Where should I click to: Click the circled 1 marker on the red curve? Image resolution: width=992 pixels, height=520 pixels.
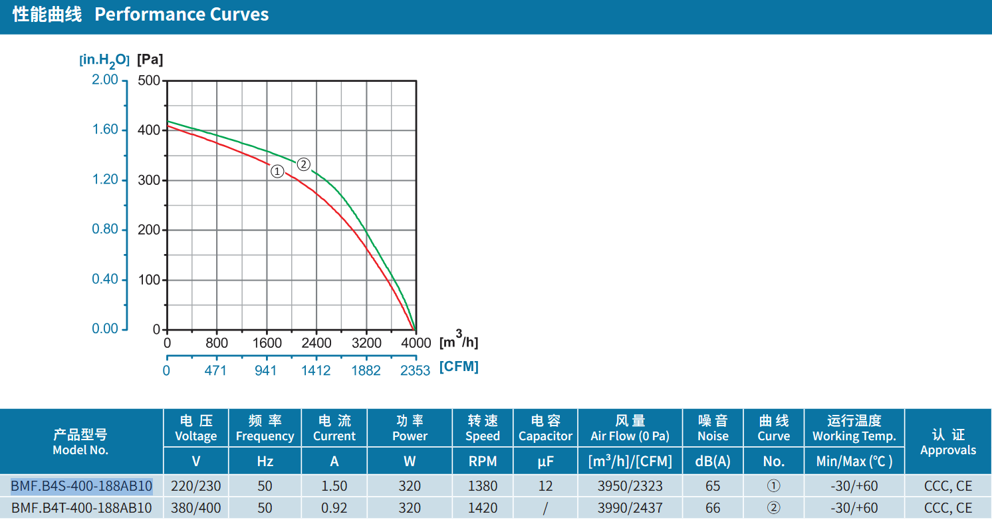tap(277, 172)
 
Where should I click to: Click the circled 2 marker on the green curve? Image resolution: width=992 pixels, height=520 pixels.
tap(303, 164)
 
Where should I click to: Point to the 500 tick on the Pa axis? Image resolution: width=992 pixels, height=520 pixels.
tap(149, 80)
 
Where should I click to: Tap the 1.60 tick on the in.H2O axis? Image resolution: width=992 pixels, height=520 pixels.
tap(105, 130)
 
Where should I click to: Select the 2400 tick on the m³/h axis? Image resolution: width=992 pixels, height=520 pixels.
tap(316, 343)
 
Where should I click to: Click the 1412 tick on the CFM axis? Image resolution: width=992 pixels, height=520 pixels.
tap(316, 370)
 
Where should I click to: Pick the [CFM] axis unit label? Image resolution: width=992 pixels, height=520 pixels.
tap(459, 367)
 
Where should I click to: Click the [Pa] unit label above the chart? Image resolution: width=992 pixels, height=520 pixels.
tap(150, 59)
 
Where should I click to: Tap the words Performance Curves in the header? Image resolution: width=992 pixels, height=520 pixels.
tap(182, 15)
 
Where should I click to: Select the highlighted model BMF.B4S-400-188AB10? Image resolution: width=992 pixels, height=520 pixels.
tap(82, 486)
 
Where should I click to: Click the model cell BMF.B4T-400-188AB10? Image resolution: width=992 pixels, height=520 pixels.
tap(82, 507)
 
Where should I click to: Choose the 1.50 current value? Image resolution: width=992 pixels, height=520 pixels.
tap(334, 486)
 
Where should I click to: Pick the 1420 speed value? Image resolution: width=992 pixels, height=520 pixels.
tap(483, 507)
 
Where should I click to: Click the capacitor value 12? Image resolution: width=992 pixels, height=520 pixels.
tap(545, 486)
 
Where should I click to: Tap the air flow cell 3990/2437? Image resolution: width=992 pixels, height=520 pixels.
tap(630, 507)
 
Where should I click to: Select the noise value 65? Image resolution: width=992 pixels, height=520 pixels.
tap(713, 486)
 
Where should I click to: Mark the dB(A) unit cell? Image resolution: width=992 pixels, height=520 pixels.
tap(713, 461)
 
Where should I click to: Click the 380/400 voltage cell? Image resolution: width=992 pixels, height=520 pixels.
tap(195, 507)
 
